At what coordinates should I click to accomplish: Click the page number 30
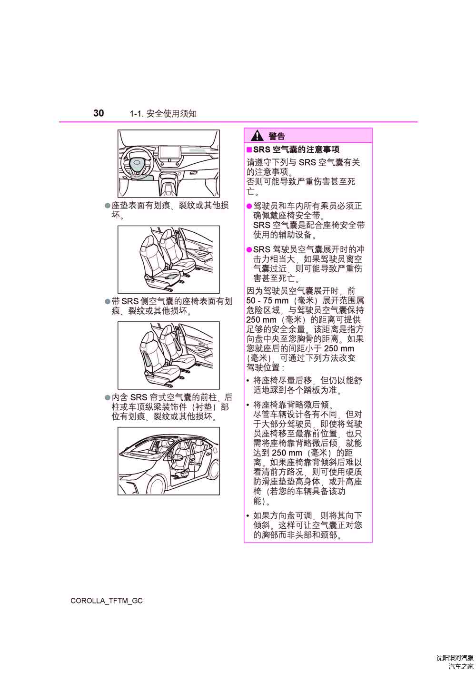pyautogui.click(x=99, y=113)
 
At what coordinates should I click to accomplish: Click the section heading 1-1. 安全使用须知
pyautogui.click(x=163, y=114)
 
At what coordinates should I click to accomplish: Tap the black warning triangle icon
pyautogui.click(x=257, y=136)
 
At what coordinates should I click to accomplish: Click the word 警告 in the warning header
pyautogui.click(x=277, y=137)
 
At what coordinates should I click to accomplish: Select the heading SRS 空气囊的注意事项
pyautogui.click(x=296, y=149)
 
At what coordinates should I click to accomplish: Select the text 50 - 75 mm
pyautogui.click(x=267, y=300)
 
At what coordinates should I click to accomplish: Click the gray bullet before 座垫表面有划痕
pyautogui.click(x=108, y=206)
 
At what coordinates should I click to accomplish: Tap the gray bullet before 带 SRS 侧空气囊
pyautogui.click(x=108, y=301)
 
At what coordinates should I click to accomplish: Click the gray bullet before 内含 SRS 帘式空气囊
pyautogui.click(x=108, y=397)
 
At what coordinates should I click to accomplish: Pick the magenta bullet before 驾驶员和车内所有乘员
pyautogui.click(x=249, y=206)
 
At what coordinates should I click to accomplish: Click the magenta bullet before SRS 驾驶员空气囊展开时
pyautogui.click(x=249, y=250)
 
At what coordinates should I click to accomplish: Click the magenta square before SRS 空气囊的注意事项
pyautogui.click(x=249, y=149)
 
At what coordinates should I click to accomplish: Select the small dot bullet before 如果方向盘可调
pyautogui.click(x=248, y=516)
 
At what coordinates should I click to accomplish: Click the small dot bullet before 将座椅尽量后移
pyautogui.click(x=248, y=381)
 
